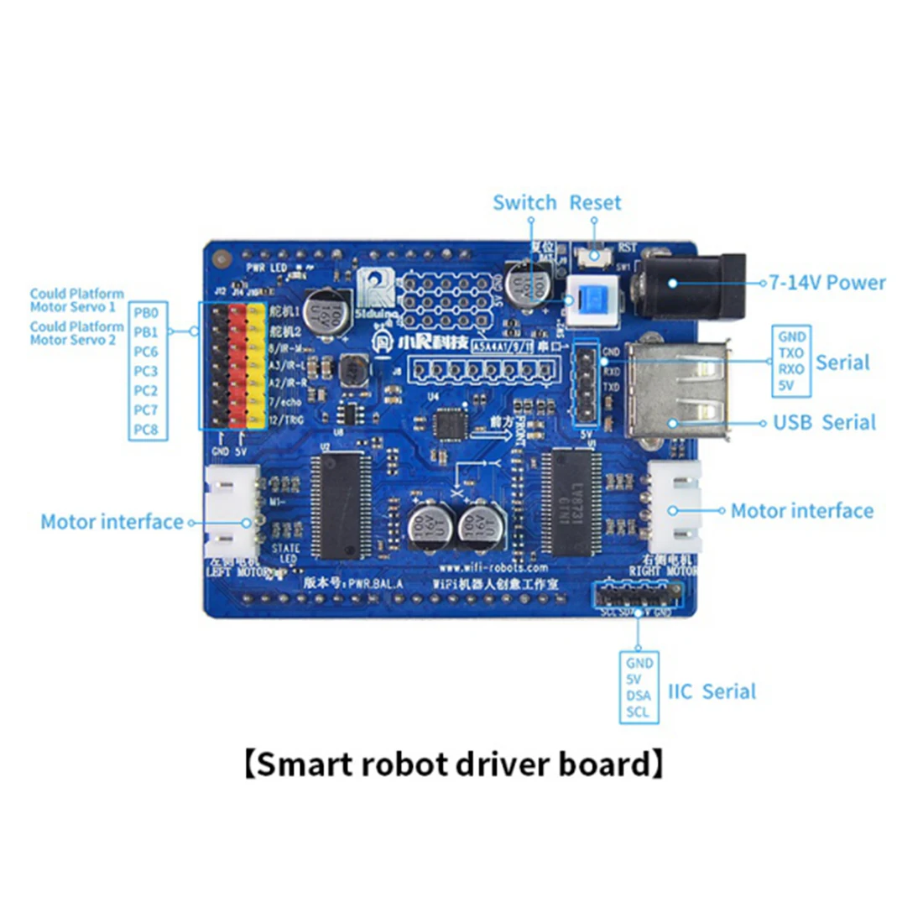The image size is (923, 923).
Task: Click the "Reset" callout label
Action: click(x=595, y=203)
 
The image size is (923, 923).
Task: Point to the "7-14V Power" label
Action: click(x=827, y=283)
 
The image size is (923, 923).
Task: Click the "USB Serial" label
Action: click(x=824, y=422)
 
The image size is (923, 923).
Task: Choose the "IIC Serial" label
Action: click(x=712, y=691)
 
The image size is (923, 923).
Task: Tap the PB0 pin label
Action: click(x=145, y=312)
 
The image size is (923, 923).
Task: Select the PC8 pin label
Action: click(x=145, y=430)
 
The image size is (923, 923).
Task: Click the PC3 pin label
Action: click(x=145, y=371)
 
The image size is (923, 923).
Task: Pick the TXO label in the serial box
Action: click(x=791, y=353)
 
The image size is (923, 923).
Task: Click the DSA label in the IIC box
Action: click(x=638, y=696)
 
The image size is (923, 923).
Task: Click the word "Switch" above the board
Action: click(x=524, y=203)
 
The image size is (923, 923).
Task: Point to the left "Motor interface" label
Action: click(x=112, y=522)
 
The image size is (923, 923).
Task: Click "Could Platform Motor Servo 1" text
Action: click(x=76, y=300)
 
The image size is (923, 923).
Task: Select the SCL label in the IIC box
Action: click(x=638, y=712)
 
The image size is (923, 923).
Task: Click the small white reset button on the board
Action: click(x=595, y=255)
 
